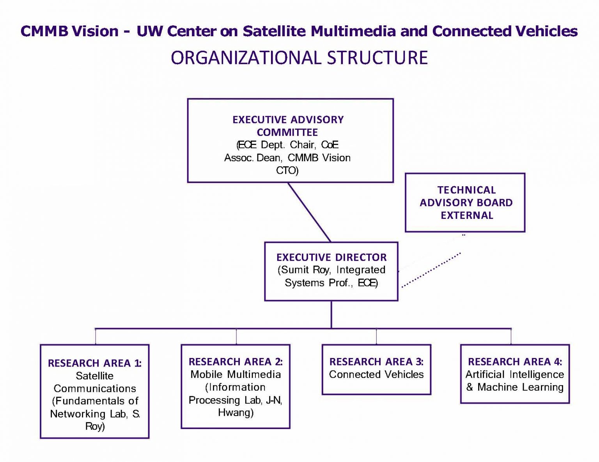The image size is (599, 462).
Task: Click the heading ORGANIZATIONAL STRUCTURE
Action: coord(299,58)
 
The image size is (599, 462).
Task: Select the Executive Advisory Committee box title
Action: coord(288,125)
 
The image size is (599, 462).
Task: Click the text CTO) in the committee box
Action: coord(287,171)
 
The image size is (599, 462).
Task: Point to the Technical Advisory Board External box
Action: coord(466,203)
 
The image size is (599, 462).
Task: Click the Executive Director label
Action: coord(331,257)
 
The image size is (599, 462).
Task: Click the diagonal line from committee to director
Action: coord(309,212)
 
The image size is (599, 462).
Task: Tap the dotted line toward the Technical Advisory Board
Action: coord(431,270)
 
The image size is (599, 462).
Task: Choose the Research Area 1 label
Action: coord(94,363)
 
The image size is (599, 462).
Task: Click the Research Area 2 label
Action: coord(236,362)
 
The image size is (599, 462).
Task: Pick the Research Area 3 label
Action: coord(376,362)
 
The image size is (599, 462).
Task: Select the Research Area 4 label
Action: coord(515,362)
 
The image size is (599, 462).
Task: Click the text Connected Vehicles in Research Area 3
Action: coord(376,375)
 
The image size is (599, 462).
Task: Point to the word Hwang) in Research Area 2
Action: coord(236,413)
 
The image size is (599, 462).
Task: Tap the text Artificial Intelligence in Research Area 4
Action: coord(515,375)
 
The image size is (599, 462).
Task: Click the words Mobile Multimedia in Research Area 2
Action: coord(236,375)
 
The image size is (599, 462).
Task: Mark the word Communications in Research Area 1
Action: coord(95,388)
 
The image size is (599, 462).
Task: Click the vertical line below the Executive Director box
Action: coord(331,314)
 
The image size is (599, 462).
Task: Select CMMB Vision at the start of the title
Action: coord(69,31)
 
